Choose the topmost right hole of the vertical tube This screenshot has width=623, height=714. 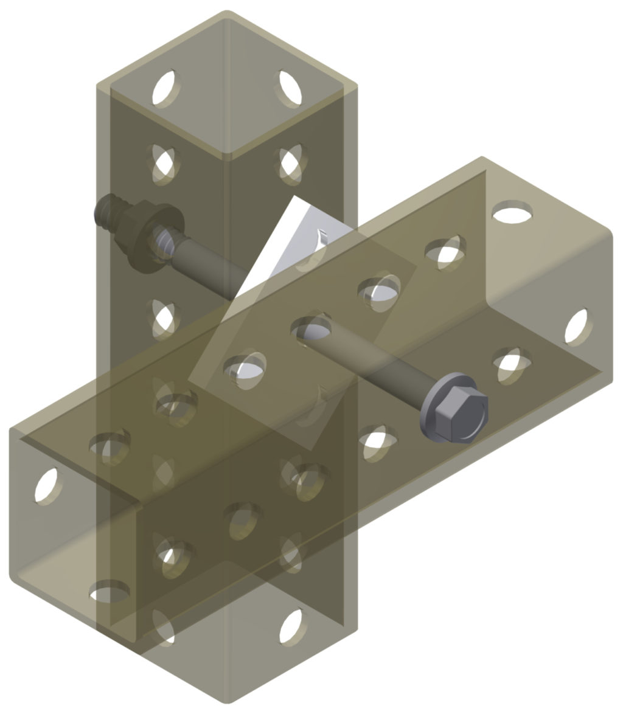pos(290,89)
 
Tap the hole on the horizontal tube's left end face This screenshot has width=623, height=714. pos(46,487)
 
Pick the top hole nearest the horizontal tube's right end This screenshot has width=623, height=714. pos(512,213)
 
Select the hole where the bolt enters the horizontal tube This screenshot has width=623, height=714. pos(311,328)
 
